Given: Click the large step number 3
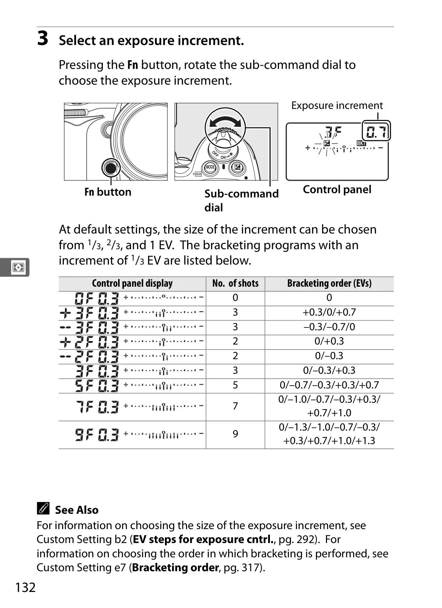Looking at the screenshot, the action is [42, 38].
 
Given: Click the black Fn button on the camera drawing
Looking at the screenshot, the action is [111, 168].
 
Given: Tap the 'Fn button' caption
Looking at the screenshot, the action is [108, 192].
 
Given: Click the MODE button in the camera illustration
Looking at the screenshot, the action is [210, 167].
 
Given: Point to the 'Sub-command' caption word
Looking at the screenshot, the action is [241, 194].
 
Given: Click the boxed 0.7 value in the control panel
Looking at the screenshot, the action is [376, 131].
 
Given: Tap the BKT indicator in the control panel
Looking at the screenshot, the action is [361, 143].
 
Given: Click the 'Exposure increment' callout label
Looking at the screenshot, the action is [337, 105].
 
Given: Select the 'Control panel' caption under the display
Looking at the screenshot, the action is [337, 190].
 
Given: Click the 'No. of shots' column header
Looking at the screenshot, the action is [235, 283].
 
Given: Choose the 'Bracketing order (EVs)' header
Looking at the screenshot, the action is [329, 283].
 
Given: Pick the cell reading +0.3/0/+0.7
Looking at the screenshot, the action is [329, 312].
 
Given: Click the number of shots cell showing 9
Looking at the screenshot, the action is [235, 434].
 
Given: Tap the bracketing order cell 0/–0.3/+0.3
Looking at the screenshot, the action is [329, 370].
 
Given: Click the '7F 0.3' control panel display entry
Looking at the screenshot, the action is [97, 407].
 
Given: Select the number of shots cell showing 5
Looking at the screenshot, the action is [235, 385].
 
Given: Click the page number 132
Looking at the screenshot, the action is [25, 587].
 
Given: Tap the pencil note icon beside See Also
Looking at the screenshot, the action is [43, 508].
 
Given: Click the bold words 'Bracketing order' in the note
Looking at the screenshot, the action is [175, 567].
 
